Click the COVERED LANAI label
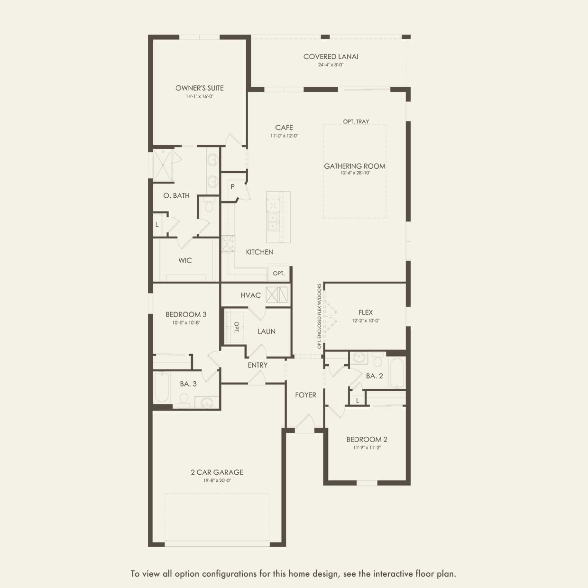tap(331, 56)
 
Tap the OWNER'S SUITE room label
tap(199, 88)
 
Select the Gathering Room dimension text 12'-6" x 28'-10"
tap(355, 173)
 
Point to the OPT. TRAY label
tap(356, 121)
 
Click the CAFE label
tap(284, 127)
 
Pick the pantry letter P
tap(232, 187)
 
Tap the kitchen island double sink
tap(273, 221)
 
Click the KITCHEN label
tap(259, 252)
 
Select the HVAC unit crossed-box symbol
tap(276, 294)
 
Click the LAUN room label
tap(266, 331)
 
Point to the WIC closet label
tap(185, 260)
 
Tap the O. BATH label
tap(176, 195)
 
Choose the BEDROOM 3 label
tap(186, 314)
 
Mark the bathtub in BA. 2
tap(396, 373)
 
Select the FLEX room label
tap(366, 312)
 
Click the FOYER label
tap(305, 395)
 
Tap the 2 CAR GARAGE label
tap(217, 472)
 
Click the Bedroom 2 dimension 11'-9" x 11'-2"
tap(367, 447)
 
